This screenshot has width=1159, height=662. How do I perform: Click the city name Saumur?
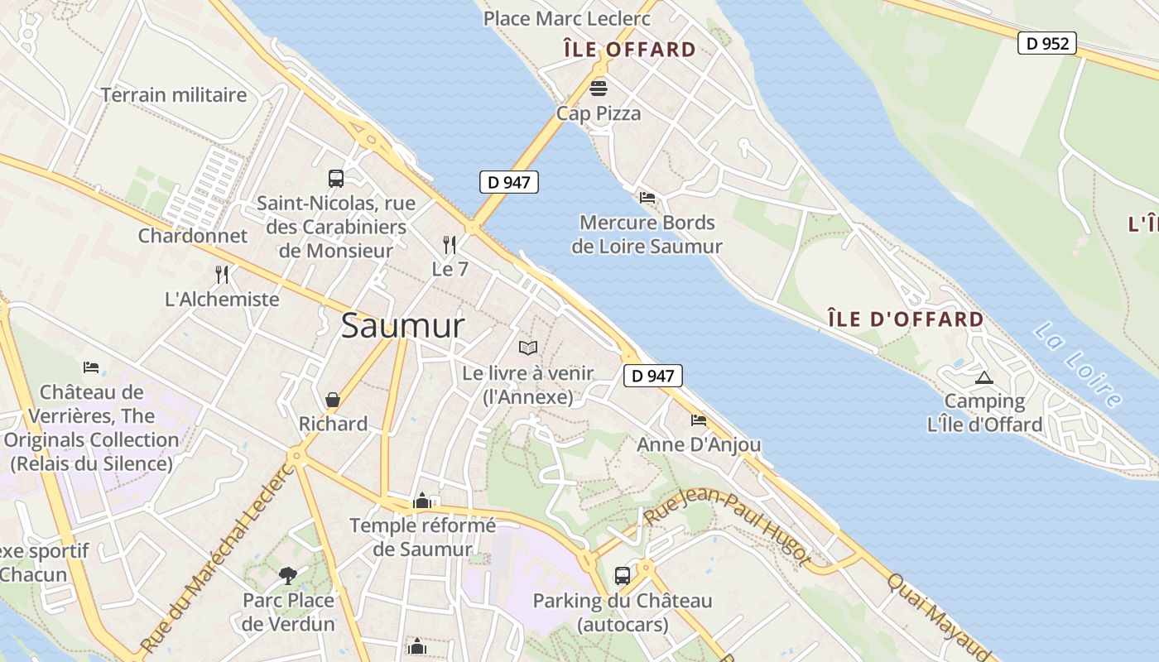402,326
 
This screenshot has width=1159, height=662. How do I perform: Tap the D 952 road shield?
1046,43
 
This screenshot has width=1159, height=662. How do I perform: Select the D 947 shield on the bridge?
508,182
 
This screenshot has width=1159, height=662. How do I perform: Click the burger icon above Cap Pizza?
599,88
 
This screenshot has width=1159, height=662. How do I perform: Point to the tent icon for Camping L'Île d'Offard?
983,378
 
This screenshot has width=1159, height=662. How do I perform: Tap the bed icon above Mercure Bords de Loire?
647,198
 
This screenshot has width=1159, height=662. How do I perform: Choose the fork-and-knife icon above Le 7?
450,244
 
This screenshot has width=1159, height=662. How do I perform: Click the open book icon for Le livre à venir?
528,348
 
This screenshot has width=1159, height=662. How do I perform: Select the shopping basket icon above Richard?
333,401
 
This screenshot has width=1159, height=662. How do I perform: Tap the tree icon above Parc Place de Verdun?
288,575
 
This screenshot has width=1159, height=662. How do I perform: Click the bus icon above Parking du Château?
622,575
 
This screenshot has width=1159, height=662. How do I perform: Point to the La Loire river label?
1077,365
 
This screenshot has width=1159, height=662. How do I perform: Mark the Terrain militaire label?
174,95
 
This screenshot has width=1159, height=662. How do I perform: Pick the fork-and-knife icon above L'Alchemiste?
222,274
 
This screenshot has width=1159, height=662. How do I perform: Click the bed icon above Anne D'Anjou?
699,420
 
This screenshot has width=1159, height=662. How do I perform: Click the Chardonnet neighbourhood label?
192,236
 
